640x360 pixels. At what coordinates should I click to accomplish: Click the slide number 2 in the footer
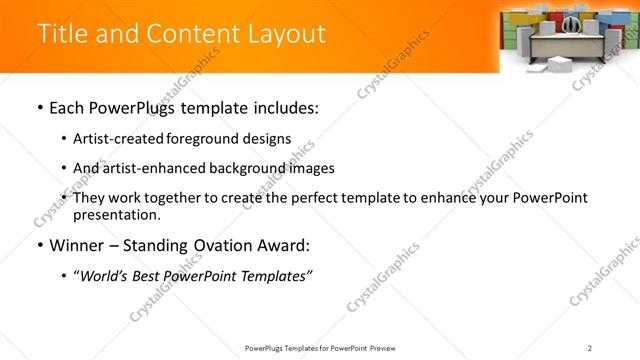pyautogui.click(x=590, y=347)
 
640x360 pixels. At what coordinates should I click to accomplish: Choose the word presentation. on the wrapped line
pyautogui.click(x=116, y=215)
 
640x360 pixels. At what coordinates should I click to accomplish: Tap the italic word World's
pyautogui.click(x=105, y=277)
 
